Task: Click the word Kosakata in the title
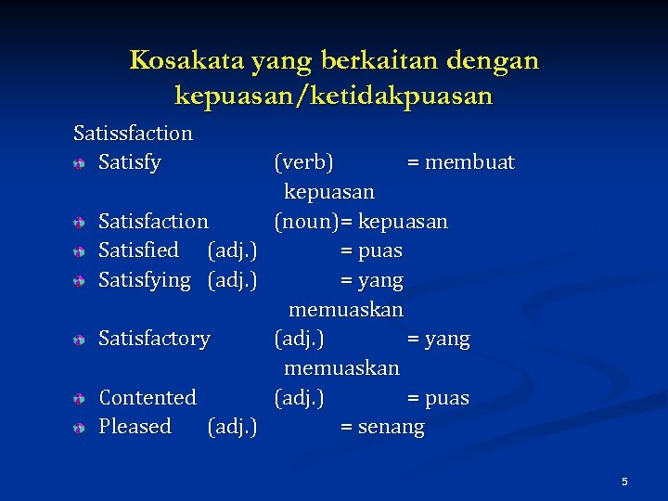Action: (x=175, y=61)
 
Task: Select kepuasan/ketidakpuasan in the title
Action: (x=333, y=96)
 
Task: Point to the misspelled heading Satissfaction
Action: (x=133, y=134)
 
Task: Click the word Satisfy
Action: (x=130, y=163)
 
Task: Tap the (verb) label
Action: (x=304, y=163)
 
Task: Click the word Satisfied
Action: (x=138, y=250)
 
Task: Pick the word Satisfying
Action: (x=144, y=280)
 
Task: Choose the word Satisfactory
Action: (x=154, y=339)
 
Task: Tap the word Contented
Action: (x=148, y=398)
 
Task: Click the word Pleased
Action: (x=135, y=427)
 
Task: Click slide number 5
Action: (x=624, y=482)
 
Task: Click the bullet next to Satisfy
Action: (x=81, y=164)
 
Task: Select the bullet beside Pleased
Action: (x=81, y=428)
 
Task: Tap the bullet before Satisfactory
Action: (x=81, y=340)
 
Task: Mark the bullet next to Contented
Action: (x=81, y=399)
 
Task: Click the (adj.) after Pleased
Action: (x=232, y=427)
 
